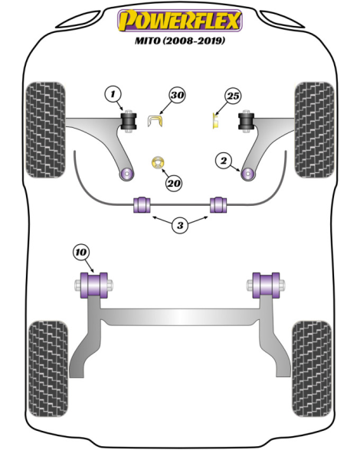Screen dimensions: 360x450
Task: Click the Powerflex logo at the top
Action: tap(180, 20)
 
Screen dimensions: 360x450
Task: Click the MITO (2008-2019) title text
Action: tap(180, 41)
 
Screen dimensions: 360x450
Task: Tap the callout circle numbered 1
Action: tap(113, 94)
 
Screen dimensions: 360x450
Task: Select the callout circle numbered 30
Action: tap(177, 95)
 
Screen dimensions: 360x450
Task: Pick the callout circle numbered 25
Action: tap(233, 96)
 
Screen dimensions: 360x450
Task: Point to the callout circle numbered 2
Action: tap(224, 161)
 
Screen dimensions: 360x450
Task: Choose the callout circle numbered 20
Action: tap(174, 183)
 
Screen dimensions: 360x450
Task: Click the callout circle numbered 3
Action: tap(180, 225)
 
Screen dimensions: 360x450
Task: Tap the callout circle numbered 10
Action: tap(81, 253)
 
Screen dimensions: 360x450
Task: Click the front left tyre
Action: tap(45, 130)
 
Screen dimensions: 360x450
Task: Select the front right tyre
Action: tap(314, 130)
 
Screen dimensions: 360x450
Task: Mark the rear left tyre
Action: tap(48, 369)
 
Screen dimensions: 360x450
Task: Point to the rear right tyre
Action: tap(312, 369)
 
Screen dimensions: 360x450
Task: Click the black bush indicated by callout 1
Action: tap(129, 121)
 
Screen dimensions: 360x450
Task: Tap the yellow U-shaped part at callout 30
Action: tap(155, 121)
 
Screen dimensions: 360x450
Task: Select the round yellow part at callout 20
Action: tap(158, 163)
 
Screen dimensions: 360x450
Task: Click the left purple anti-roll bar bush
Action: tap(142, 204)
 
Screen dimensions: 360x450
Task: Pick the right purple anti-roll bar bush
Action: tap(218, 204)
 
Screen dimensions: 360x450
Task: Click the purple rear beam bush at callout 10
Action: tap(94, 285)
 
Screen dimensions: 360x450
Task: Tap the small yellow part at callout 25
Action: tap(215, 121)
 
